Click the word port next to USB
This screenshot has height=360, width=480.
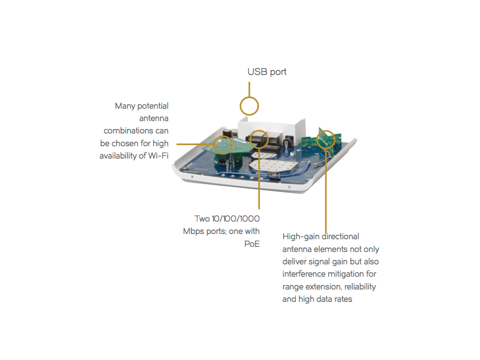coord(278,72)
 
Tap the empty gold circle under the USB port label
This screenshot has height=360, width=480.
coord(249,106)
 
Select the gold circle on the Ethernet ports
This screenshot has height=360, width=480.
coord(259,139)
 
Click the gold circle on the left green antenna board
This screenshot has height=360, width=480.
coord(223,144)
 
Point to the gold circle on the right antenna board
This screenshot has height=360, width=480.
coord(326,139)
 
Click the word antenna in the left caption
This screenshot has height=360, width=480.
coord(154,118)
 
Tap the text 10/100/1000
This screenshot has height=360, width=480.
coord(235,219)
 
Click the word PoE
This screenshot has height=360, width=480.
coord(252,244)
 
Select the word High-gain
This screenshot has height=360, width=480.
coord(301,237)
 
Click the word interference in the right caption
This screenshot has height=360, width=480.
coord(304,274)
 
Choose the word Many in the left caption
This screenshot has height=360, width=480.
coord(124,106)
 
